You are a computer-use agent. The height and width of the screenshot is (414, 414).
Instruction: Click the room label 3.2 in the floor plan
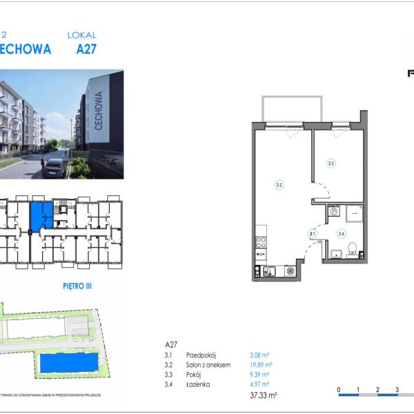tap(279, 184)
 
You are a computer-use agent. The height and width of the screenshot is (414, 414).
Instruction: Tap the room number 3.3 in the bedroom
tap(331, 164)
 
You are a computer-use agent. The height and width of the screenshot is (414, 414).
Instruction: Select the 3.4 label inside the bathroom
tap(341, 233)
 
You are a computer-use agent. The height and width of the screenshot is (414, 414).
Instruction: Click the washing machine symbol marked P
tap(334, 213)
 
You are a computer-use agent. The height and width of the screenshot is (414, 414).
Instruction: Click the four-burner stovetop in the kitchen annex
tap(262, 242)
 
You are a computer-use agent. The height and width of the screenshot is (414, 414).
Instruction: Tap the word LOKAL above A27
tap(81, 34)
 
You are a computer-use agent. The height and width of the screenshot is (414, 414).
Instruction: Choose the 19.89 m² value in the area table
tap(261, 364)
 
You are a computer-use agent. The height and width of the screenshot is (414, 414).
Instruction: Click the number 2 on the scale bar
tap(378, 390)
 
